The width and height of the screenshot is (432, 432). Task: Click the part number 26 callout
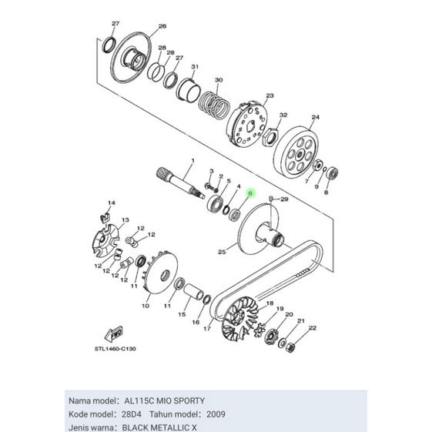click(162, 26)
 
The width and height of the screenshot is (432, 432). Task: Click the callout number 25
click(221, 251)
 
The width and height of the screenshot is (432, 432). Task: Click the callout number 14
click(111, 203)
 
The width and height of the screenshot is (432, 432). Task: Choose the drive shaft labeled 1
click(180, 183)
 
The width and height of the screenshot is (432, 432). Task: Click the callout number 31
click(195, 67)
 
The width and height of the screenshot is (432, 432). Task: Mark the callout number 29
click(283, 199)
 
